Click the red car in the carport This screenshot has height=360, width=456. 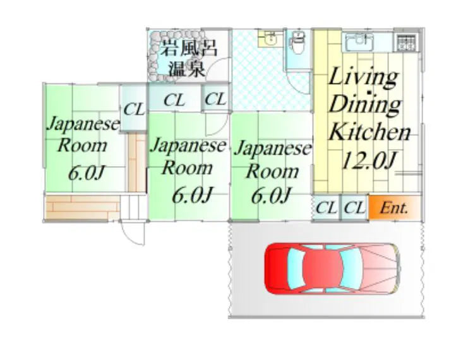[332, 268]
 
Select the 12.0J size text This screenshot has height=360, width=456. [368, 160]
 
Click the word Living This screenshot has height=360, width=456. [363, 78]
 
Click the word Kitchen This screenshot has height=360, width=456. [369, 132]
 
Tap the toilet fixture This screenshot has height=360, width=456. [296, 44]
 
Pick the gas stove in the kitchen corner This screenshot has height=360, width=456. [404, 42]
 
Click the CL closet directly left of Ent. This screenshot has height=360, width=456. [355, 208]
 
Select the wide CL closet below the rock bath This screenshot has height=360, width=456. [174, 100]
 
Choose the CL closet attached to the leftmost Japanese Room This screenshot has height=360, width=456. [133, 109]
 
